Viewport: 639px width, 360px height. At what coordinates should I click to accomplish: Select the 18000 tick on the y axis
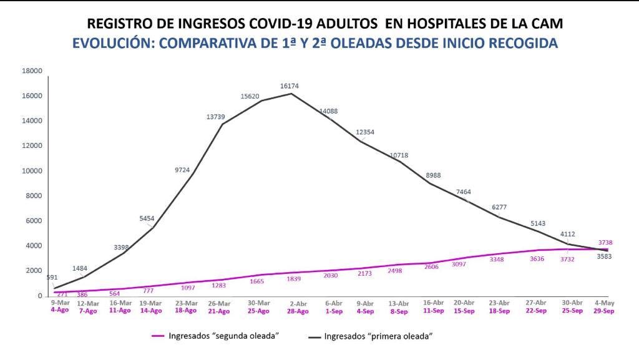pyautogui.click(x=32, y=71)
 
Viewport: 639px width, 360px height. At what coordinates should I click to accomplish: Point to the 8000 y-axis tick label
pyautogui.click(x=34, y=196)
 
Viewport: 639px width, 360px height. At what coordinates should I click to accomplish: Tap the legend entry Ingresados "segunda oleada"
pyautogui.click(x=215, y=336)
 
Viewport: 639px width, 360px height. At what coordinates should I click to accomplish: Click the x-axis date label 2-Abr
pyautogui.click(x=299, y=303)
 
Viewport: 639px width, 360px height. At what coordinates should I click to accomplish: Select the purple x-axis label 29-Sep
pyautogui.click(x=603, y=311)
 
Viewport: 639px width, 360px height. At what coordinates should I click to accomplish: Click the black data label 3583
pyautogui.click(x=604, y=256)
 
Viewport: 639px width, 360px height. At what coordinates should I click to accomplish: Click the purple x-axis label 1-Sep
pyautogui.click(x=334, y=310)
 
